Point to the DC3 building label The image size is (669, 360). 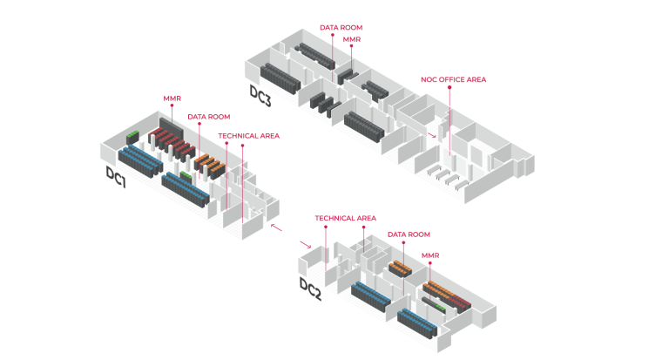click(260, 93)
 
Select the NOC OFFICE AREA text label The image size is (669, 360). click(453, 79)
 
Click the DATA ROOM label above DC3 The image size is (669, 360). click(341, 28)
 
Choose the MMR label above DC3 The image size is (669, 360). click(352, 40)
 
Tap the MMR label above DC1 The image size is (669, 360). click(172, 98)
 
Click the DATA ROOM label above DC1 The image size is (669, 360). click(209, 116)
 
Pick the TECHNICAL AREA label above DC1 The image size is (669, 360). click(249, 136)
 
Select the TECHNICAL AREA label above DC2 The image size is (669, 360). click(345, 218)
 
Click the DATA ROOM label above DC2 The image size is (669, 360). click(409, 234)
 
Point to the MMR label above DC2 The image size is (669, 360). click(430, 256)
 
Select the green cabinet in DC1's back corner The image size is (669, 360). click(132, 136)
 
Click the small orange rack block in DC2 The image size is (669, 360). click(400, 267)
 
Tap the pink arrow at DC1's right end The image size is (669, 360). click(275, 227)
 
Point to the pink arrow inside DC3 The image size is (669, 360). click(433, 136)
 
